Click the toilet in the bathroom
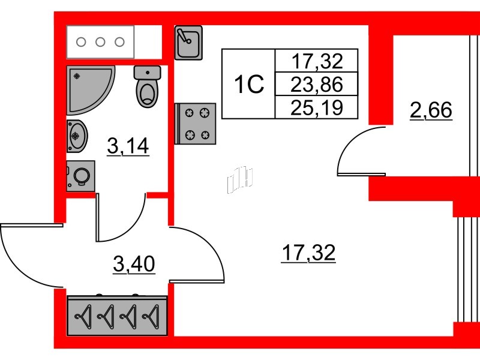(x=147, y=86)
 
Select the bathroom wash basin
(x=77, y=136)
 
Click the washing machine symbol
(x=80, y=176)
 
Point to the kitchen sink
(x=188, y=43)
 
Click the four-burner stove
(x=196, y=124)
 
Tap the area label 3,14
(x=128, y=146)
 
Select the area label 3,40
(x=134, y=264)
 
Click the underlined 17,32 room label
(x=308, y=253)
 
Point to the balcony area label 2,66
(x=431, y=110)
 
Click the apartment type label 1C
(x=248, y=85)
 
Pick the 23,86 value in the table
(x=317, y=84)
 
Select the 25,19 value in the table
(x=317, y=107)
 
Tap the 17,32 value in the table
(x=317, y=61)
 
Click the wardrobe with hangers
(x=117, y=316)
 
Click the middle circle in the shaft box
(x=100, y=42)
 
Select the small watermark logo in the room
(x=240, y=180)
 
